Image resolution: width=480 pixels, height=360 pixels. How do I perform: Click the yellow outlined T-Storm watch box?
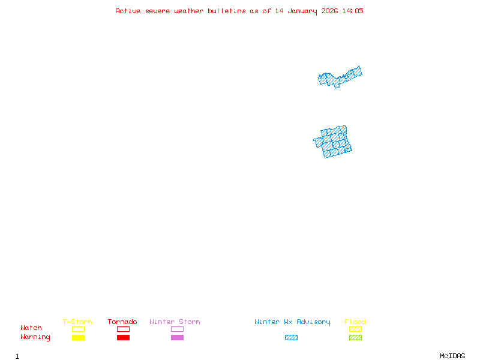pos(78,329)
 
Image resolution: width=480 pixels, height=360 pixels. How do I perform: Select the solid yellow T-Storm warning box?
pos(78,337)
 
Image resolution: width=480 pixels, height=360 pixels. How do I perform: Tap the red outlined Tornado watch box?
pos(123,329)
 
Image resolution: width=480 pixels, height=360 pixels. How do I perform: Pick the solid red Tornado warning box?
pos(123,337)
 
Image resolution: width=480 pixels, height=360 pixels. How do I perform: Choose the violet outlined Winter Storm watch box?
pos(177,329)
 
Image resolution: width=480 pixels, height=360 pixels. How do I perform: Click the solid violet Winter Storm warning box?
pos(177,337)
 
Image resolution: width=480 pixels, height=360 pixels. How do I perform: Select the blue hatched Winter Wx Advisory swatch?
pos(291,337)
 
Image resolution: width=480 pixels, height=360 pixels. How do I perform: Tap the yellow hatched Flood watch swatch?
pos(355,329)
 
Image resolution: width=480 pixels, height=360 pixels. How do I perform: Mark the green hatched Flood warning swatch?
pos(355,337)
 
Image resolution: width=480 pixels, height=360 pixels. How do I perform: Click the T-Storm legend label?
pos(77,322)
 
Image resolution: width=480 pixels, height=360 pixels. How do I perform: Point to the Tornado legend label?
pos(122,322)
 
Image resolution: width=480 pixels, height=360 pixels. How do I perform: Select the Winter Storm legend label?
pos(175,322)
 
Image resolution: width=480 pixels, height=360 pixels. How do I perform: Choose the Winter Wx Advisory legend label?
pos(292,322)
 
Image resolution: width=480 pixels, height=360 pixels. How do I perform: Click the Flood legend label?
pos(355,322)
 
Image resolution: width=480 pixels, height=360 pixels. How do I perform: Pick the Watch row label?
pos(31,328)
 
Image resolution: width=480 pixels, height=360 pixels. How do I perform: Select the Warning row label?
pos(35,337)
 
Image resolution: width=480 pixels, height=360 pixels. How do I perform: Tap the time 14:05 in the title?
pos(353,11)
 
